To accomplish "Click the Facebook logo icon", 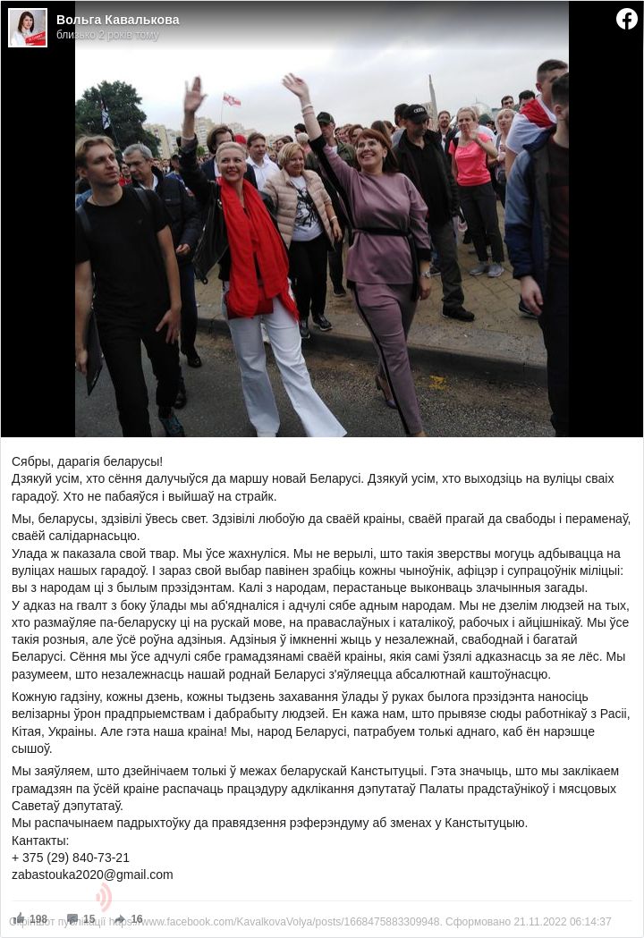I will tap(627, 19).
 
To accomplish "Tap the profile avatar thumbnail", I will tap(28, 28).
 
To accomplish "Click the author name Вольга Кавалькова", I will tap(117, 20).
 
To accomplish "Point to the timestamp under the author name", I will tap(107, 35).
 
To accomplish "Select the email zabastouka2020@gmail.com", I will tap(92, 875).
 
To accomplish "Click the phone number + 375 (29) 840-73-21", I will tap(71, 858).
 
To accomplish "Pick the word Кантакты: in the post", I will tap(40, 841).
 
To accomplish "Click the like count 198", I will tap(38, 918).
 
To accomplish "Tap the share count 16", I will tap(136, 918).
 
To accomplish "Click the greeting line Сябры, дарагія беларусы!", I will tap(87, 461).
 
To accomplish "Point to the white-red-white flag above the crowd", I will tap(232, 100).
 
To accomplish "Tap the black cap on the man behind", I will tap(417, 113).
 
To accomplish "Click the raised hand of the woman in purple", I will tap(294, 86).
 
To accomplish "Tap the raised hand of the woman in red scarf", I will tap(193, 94).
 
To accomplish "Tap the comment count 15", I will tap(89, 918).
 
